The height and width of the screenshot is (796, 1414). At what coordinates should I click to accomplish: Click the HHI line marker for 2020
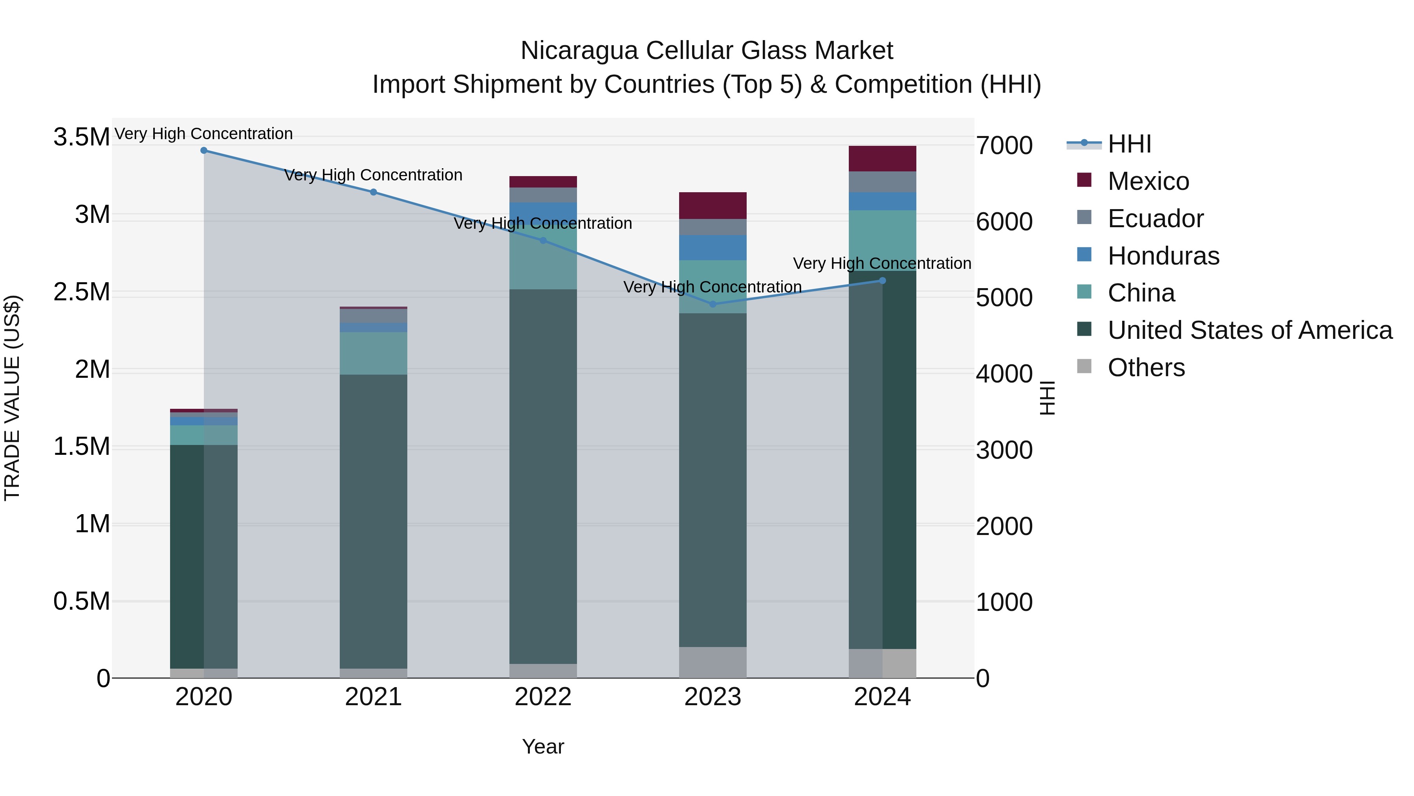tap(203, 151)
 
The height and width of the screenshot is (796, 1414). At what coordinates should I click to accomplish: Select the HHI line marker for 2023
tap(712, 304)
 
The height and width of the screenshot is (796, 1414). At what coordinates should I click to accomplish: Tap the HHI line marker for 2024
tap(882, 281)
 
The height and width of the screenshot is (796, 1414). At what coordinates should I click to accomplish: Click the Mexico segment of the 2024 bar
tap(882, 159)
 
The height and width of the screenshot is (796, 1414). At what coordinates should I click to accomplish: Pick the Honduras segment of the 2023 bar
tap(712, 248)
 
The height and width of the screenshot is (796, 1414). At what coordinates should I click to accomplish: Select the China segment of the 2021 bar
tap(373, 353)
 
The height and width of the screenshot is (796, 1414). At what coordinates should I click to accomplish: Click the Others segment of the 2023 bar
tap(712, 662)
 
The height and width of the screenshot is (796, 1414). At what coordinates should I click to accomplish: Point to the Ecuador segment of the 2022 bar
tap(543, 195)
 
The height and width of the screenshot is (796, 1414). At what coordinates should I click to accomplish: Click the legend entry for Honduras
tap(1163, 256)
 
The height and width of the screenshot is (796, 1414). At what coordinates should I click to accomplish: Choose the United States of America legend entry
tap(1249, 331)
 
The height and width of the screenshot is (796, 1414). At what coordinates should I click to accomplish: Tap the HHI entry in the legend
tap(1129, 144)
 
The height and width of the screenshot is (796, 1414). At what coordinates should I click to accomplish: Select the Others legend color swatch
tap(1084, 366)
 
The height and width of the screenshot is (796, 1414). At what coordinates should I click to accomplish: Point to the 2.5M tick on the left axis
tap(81, 292)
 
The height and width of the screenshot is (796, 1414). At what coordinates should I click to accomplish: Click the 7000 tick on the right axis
tap(1004, 146)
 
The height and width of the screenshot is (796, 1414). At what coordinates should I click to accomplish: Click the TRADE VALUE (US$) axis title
tap(12, 398)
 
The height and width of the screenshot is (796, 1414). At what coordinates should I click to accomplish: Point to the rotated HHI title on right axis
tap(1047, 398)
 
